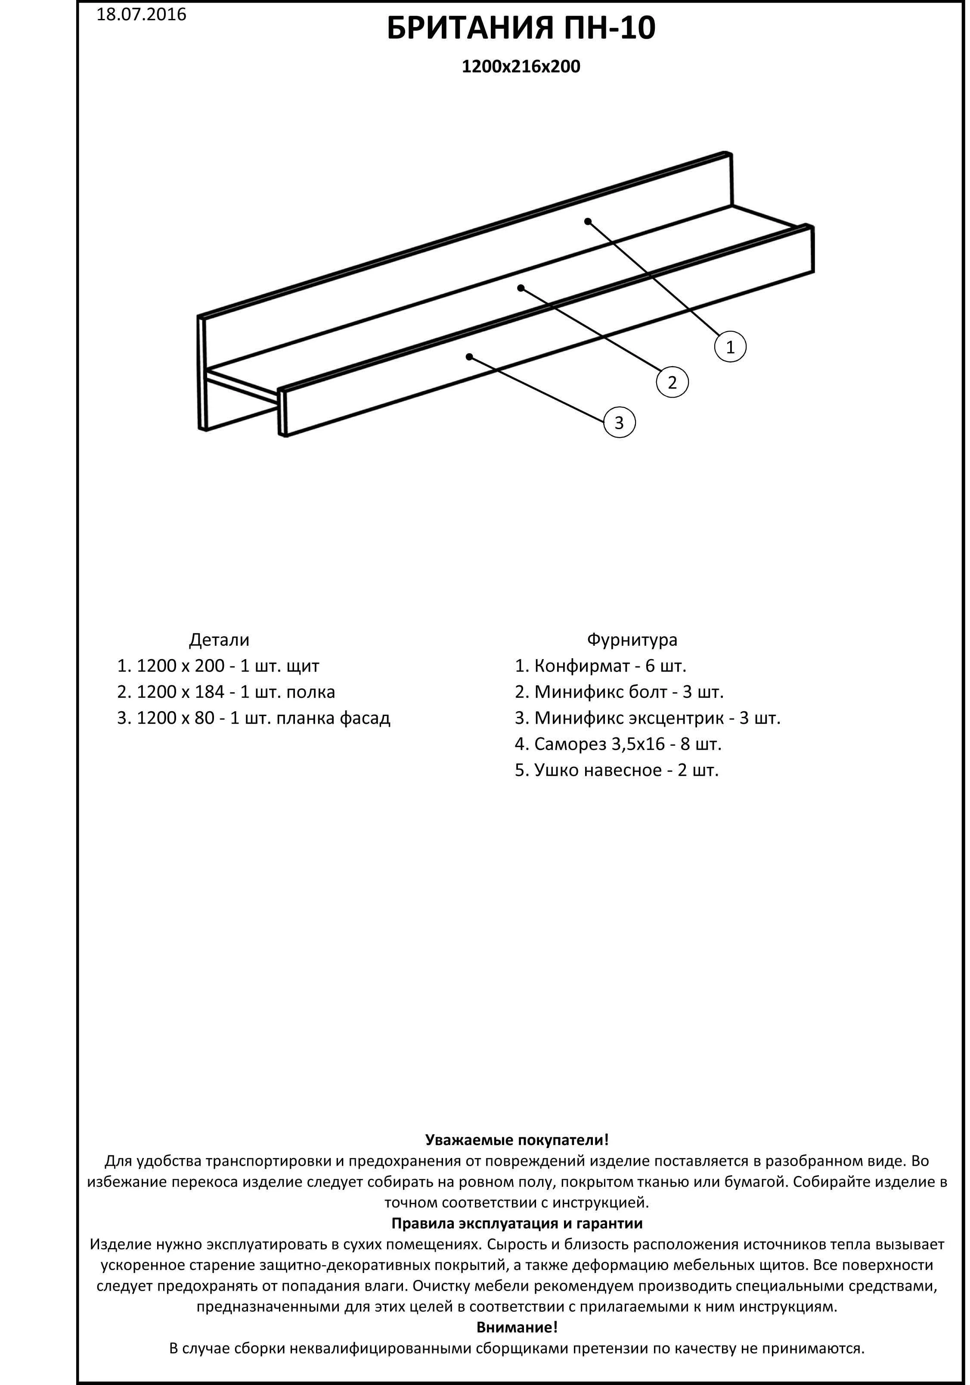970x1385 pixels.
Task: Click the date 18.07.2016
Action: [141, 15]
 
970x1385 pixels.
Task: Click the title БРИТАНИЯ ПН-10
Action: [521, 29]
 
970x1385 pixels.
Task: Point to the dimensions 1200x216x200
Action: [521, 66]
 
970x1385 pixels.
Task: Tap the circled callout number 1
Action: [730, 347]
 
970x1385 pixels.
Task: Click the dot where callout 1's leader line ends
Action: [588, 222]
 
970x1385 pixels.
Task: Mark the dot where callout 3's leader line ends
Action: [469, 357]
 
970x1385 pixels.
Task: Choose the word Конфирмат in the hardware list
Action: [582, 666]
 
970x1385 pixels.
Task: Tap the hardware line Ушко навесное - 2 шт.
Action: [617, 770]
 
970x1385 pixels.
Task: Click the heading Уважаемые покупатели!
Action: [517, 1139]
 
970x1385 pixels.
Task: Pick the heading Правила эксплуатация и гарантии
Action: [517, 1223]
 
